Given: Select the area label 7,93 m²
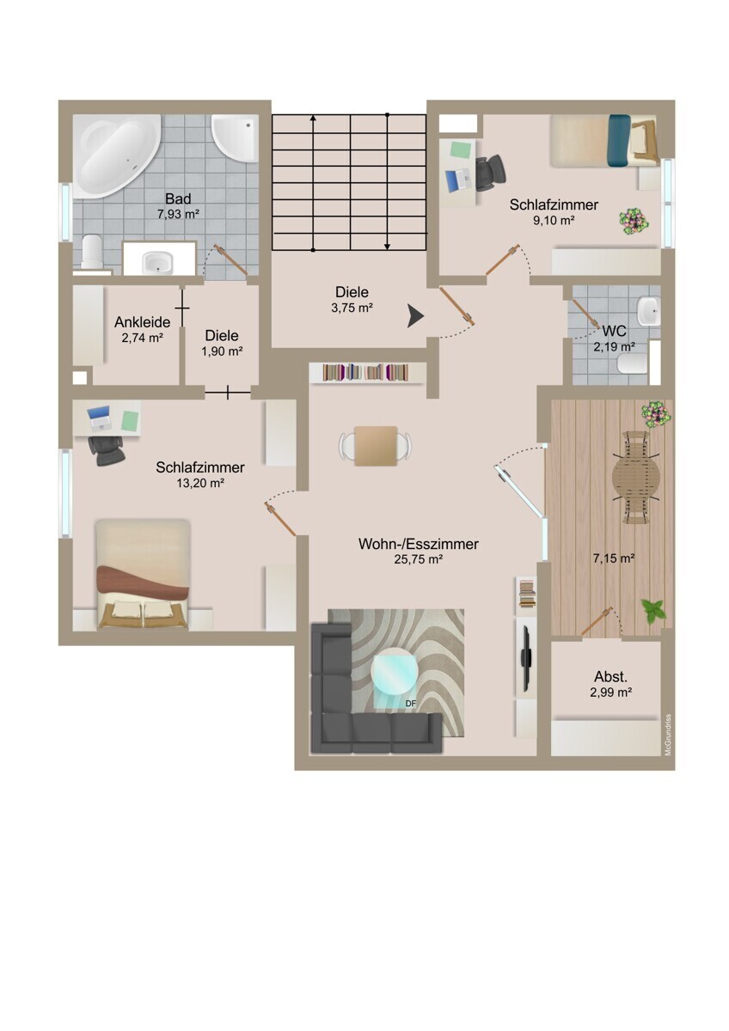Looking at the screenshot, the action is (x=178, y=214).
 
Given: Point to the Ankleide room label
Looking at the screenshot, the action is (x=143, y=321).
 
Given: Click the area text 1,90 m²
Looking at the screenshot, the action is (x=222, y=351).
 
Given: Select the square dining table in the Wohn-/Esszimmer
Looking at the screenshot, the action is (x=376, y=446).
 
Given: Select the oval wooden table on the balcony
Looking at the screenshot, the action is (x=635, y=479).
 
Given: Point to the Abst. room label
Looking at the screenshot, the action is (x=610, y=677).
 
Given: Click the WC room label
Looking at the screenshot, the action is (x=614, y=331).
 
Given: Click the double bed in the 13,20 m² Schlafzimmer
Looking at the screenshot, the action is (x=143, y=574).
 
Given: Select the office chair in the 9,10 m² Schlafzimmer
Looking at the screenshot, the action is (x=490, y=173).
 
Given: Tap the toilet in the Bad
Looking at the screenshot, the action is (x=93, y=251).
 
